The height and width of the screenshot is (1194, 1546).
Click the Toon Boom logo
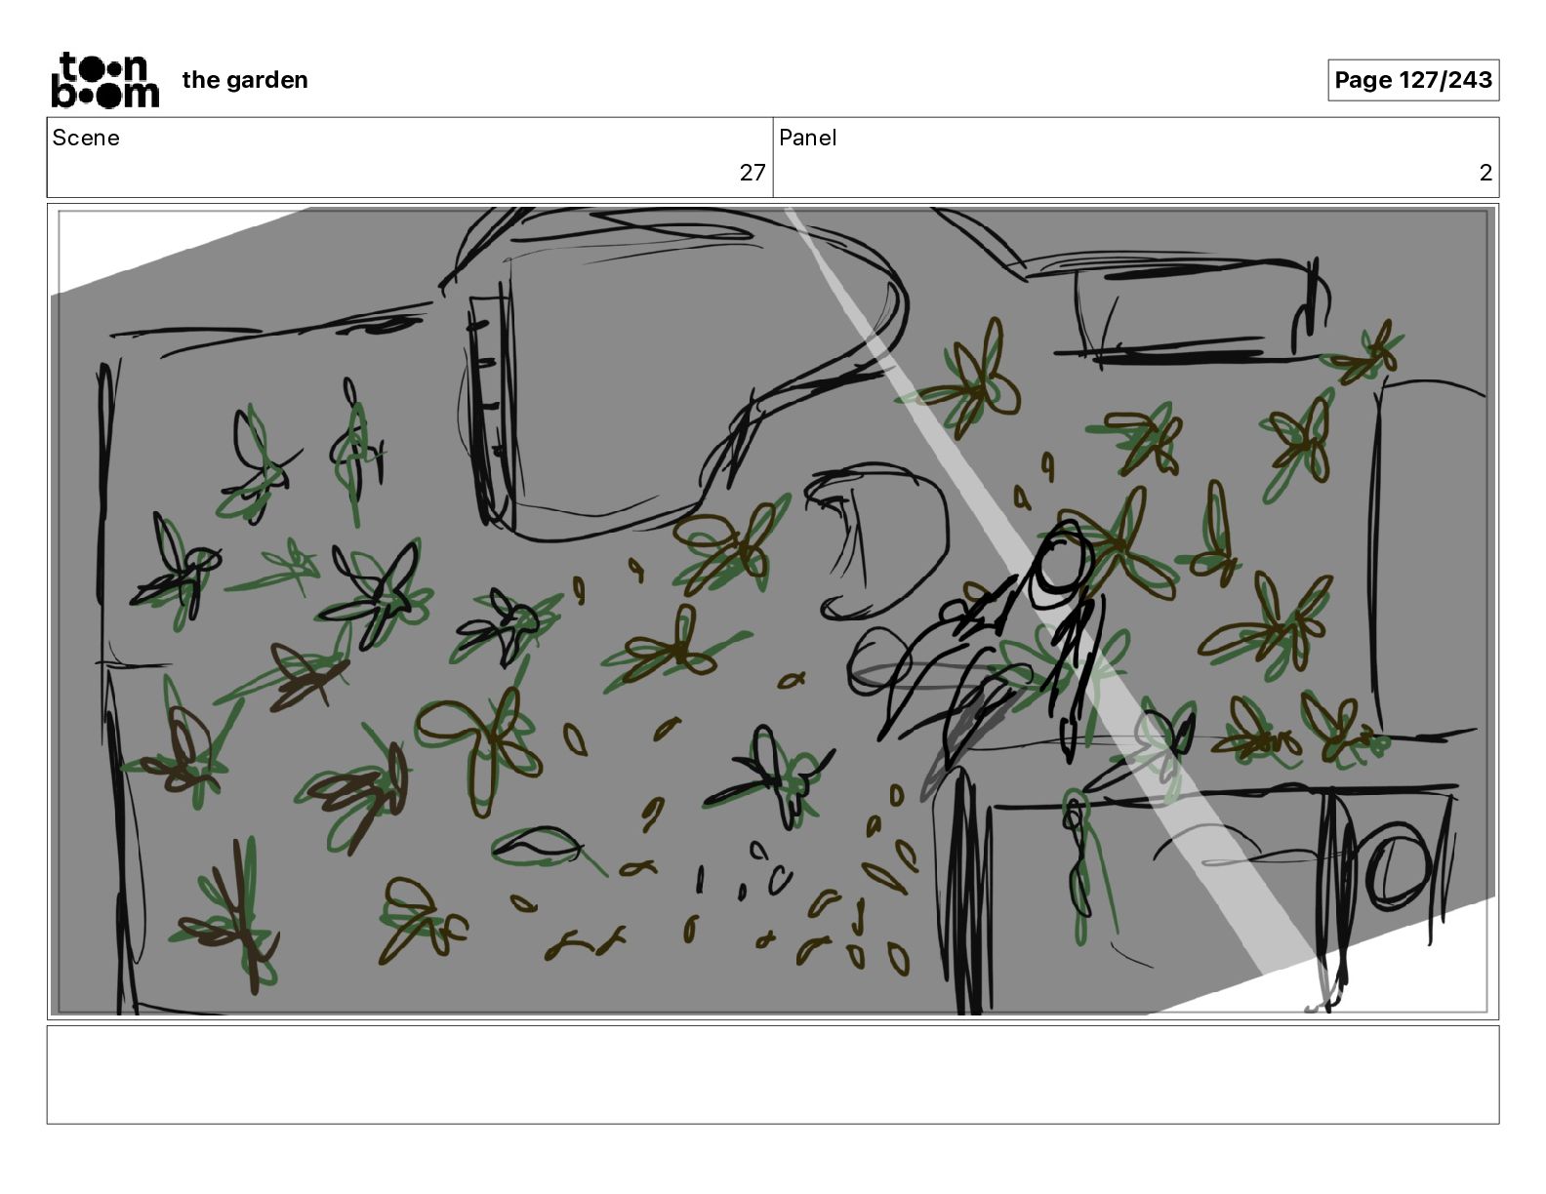[105, 80]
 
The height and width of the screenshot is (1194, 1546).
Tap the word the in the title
[201, 80]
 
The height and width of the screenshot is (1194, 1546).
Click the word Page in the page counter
[1363, 80]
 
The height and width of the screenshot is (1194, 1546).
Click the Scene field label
[86, 138]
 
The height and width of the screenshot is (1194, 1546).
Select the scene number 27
[753, 173]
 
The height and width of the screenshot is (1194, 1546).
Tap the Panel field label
[807, 138]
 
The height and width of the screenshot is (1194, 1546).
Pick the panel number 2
[1485, 173]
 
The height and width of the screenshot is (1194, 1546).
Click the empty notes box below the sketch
[773, 1075]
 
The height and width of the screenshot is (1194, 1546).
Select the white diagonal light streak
[1053, 590]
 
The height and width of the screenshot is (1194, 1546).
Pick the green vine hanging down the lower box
[1082, 864]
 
